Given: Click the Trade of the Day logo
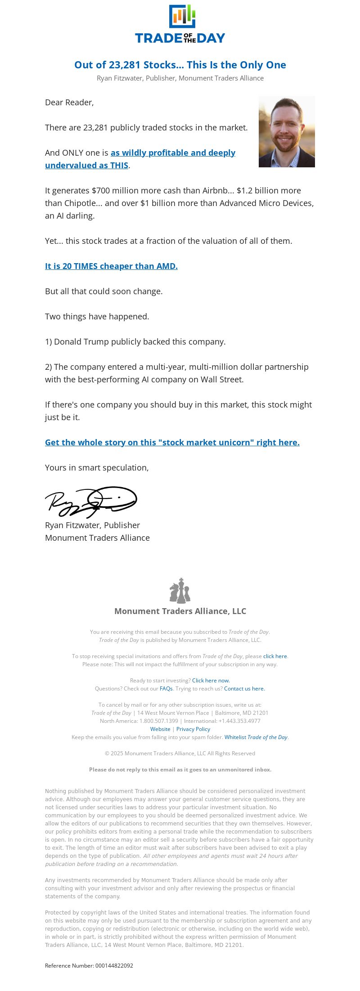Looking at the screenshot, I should coord(180,24).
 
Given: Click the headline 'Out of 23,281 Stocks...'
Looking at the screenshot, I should coord(180,65).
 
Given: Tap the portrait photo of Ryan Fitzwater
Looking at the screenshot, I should coord(287,131).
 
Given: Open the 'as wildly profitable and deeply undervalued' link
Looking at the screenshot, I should coord(173,153).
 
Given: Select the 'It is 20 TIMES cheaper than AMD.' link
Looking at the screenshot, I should coord(111,266).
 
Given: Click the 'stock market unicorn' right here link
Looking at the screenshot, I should coord(172,443).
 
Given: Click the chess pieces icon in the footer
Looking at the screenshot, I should coord(180,591).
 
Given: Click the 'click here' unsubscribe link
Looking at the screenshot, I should coord(275,656).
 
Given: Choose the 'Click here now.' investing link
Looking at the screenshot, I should coord(211,681).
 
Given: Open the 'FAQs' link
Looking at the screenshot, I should coord(166,689).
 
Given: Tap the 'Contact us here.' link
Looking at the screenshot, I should coord(244,689).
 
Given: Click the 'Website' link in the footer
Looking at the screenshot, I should coord(160,729).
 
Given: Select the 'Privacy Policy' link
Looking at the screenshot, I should coord(193,729).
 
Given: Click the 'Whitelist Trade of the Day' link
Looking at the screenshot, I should coord(256,737).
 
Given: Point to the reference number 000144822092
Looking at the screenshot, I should coord(114,966).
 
